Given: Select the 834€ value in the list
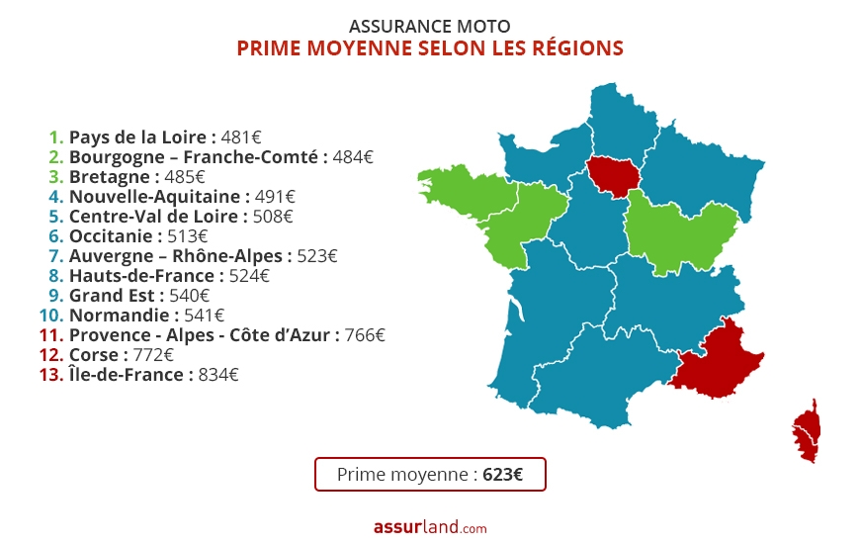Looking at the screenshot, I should click(x=218, y=375).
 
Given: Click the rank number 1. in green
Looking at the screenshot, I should click(x=56, y=137).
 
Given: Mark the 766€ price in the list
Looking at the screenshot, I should click(x=365, y=335).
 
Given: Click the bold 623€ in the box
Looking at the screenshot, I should click(x=503, y=474).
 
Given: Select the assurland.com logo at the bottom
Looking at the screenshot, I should click(x=430, y=528).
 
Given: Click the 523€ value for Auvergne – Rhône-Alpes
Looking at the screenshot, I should click(x=317, y=256).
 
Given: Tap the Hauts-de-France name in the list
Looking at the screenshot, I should click(x=141, y=276).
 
